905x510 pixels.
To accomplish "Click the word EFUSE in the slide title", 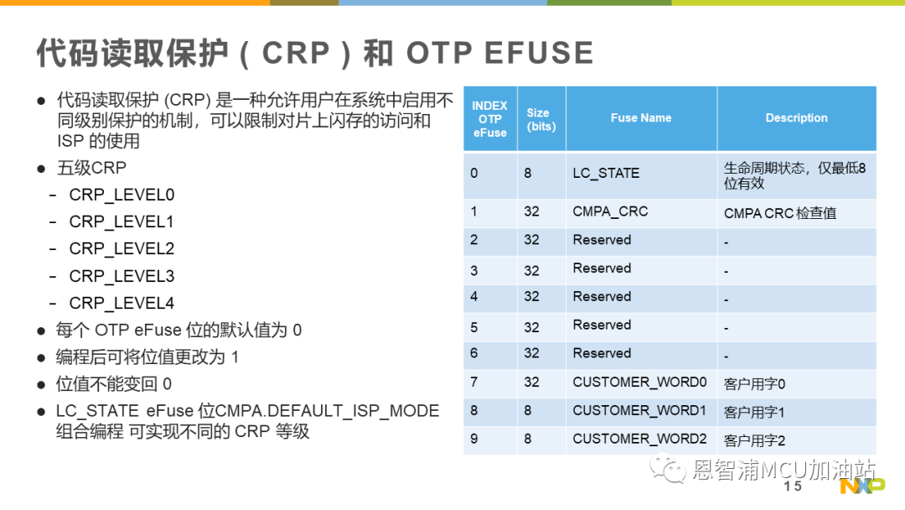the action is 539,53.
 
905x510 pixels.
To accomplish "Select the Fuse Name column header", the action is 641,117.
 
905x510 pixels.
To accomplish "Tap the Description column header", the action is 797,117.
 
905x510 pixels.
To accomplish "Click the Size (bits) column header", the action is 540,120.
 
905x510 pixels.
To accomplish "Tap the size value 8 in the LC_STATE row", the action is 528,174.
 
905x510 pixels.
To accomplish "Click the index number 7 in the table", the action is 473,382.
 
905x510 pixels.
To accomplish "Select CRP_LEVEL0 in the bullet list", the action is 122,195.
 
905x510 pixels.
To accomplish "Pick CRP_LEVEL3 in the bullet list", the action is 122,277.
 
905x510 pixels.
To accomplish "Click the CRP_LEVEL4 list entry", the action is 122,304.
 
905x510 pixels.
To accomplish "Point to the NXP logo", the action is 862,487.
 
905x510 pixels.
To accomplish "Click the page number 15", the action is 793,487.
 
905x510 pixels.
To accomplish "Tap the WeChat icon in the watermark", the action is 668,468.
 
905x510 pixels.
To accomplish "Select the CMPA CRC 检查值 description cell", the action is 780,213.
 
